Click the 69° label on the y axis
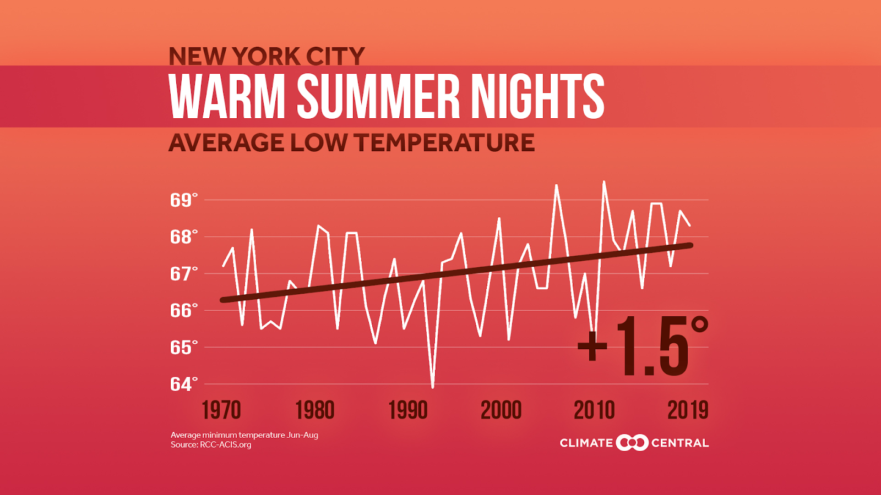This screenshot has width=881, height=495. (x=183, y=200)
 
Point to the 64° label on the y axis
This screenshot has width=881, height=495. (x=183, y=384)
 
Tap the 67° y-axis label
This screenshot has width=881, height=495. (x=183, y=274)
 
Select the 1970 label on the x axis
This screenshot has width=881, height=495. (x=221, y=410)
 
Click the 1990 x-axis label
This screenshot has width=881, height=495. (x=408, y=410)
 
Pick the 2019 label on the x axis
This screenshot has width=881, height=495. (x=688, y=410)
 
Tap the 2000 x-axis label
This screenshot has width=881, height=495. (x=501, y=410)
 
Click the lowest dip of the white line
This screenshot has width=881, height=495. (x=433, y=387)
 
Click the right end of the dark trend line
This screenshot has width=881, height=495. (x=690, y=245)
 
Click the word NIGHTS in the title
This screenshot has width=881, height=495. (x=537, y=97)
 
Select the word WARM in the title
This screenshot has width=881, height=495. (x=227, y=97)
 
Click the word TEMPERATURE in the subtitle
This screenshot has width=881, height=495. (x=444, y=143)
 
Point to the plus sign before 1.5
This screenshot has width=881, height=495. (x=592, y=346)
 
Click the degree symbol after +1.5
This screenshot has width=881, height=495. (x=699, y=324)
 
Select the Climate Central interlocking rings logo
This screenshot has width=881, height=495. (x=632, y=443)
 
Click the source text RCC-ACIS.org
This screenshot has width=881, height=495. (x=225, y=444)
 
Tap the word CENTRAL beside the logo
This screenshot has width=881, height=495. (x=680, y=443)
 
